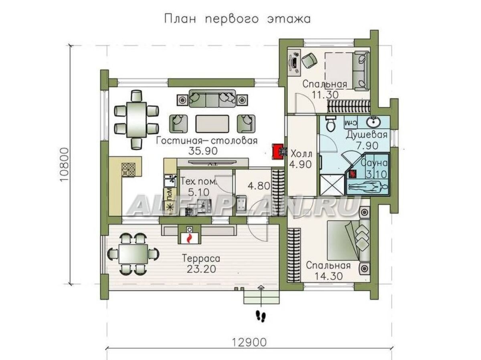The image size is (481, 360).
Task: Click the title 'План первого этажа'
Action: (237, 19)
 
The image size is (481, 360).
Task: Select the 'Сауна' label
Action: (374, 163)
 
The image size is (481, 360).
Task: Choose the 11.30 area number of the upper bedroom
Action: (325, 95)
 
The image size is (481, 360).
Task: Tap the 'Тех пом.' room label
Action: (198, 182)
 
